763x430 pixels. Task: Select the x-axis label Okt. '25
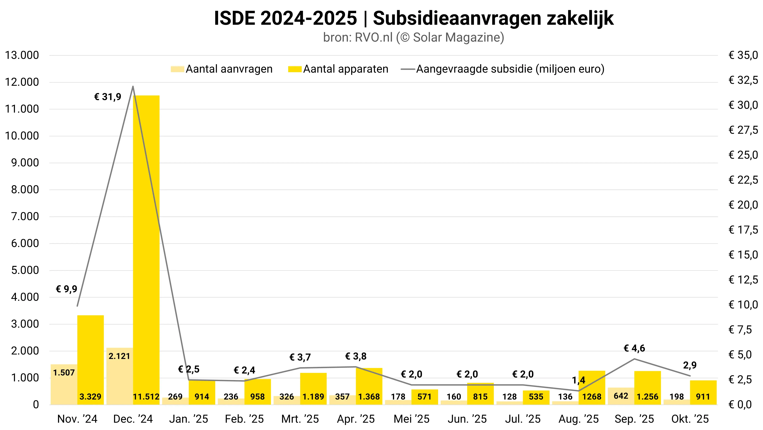click(690, 419)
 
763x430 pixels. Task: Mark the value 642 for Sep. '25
click(621, 396)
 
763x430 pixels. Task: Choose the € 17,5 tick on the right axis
click(743, 230)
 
